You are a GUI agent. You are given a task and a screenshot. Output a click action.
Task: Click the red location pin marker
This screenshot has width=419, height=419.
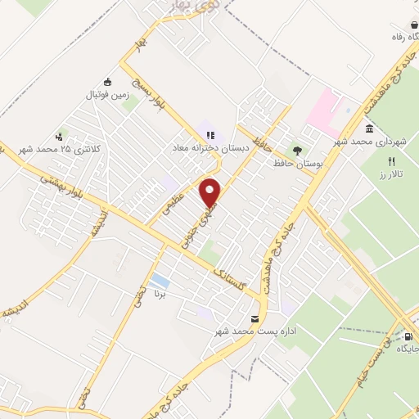click(211, 192)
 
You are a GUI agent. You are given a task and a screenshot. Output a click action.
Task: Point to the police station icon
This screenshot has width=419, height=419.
click(59, 137)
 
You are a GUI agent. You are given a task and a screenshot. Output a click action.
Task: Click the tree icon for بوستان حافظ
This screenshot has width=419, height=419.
click(297, 150)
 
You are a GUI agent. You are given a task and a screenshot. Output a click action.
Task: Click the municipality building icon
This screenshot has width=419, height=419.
click(370, 129)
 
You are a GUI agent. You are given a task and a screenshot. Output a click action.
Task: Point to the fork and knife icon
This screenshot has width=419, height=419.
click(391, 161)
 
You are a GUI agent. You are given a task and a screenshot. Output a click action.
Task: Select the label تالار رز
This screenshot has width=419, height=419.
click(390, 174)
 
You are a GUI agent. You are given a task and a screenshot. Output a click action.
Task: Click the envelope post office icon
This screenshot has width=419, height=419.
click(254, 318)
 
